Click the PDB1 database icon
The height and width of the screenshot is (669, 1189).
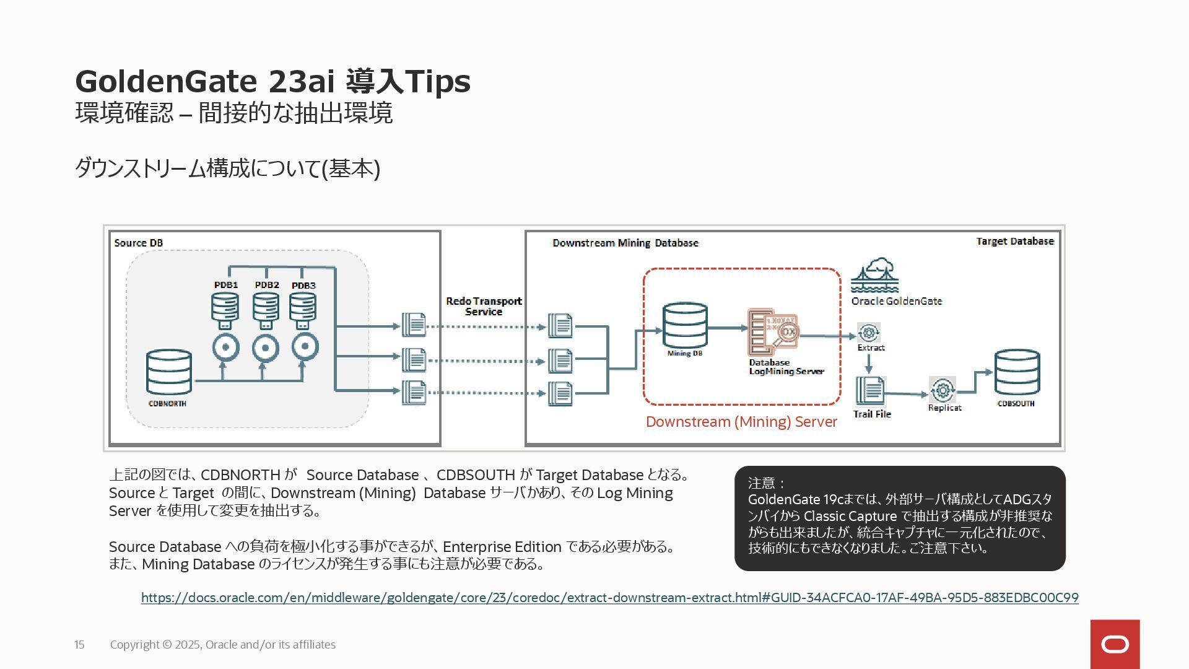click(225, 309)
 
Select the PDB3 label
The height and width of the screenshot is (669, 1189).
click(303, 286)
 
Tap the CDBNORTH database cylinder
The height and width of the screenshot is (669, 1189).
click(168, 373)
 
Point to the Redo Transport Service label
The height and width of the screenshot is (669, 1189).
click(484, 306)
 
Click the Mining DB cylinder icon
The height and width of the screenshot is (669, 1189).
click(685, 326)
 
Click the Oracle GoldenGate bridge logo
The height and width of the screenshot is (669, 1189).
click(874, 276)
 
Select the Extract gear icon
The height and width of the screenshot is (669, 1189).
click(869, 333)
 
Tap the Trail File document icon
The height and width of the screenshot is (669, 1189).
click(870, 391)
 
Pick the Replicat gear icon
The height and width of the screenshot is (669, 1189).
click(942, 390)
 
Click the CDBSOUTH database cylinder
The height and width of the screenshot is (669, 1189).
click(1017, 373)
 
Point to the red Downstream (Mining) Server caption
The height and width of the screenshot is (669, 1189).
click(741, 422)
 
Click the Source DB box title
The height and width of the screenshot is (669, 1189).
click(139, 243)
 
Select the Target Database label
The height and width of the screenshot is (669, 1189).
click(1015, 241)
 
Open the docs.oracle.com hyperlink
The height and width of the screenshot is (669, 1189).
click(609, 598)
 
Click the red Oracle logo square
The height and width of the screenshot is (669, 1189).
click(1115, 644)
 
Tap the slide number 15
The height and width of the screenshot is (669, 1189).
click(79, 645)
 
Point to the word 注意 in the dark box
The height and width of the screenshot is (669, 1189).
click(762, 483)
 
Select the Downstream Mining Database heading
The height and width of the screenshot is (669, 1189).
click(625, 243)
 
